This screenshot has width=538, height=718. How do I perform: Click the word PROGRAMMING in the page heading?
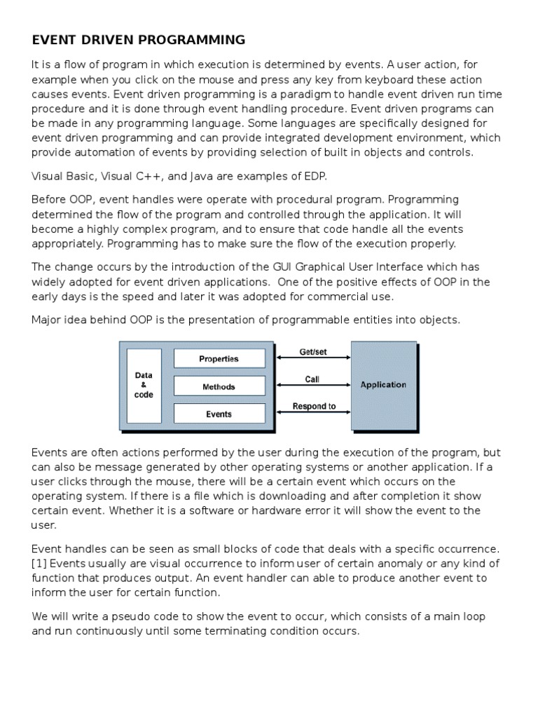[x=191, y=40]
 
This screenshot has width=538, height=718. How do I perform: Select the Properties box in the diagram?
[x=219, y=359]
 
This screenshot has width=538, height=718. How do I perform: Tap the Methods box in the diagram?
[x=219, y=386]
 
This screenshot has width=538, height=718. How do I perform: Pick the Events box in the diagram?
[x=219, y=414]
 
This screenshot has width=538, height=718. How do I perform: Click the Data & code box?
[x=144, y=386]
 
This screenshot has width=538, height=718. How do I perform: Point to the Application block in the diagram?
[x=382, y=385]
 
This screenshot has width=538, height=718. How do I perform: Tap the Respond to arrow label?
[x=314, y=406]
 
